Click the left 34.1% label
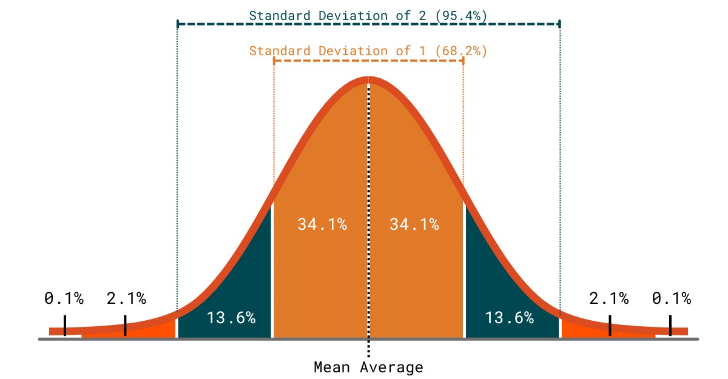pos(322,224)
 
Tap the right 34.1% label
pos(414,224)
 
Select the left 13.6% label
pos(231,317)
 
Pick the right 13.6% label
pos(509,317)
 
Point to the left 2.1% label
pos(126,298)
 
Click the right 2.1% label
pos(609,298)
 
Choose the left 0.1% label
pos(64,298)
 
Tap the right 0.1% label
pos(672,298)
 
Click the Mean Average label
pos(368,367)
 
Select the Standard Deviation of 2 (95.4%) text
pos(368,16)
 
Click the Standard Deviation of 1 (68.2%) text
pos(368,51)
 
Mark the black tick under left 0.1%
pos(64,324)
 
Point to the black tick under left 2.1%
pos(125,324)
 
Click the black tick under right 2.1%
pos(610,324)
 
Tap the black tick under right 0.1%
pos(670,324)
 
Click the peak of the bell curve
pos(368,79)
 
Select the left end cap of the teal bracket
pos(177,24)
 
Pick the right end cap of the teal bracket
pos(559,24)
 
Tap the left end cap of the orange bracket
pos(274,61)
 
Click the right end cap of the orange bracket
pos(463,61)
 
